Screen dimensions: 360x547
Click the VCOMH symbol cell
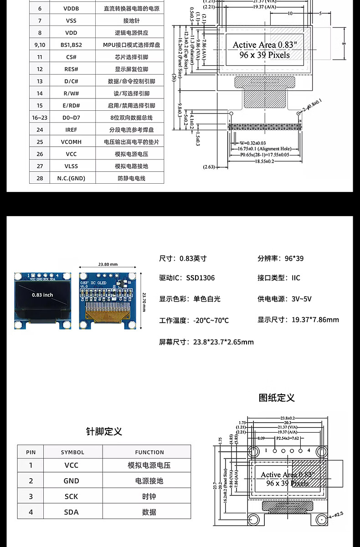pos(71,142)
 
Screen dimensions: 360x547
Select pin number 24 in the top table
pos(40,130)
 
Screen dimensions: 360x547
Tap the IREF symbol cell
pos(71,130)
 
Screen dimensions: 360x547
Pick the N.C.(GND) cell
pos(71,178)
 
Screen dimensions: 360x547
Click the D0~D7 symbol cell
pos(71,118)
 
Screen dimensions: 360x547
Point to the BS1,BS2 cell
pos(71,45)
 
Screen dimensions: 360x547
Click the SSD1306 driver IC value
pos(200,278)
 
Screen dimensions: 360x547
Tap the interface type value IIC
pos(296,278)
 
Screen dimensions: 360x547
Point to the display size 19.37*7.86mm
pos(315,320)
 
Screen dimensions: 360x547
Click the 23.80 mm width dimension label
pos(108,264)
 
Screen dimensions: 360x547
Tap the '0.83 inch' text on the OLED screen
pos(42,295)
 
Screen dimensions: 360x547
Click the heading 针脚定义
pos(104,431)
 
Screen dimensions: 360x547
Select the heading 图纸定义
pos(277,397)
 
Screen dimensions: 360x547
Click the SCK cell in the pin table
pos(71,496)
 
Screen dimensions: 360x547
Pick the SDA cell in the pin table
pos(71,512)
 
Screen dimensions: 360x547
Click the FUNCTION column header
pos(149,452)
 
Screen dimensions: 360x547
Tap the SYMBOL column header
pos(72,452)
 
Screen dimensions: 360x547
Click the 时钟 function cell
pos(149,496)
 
